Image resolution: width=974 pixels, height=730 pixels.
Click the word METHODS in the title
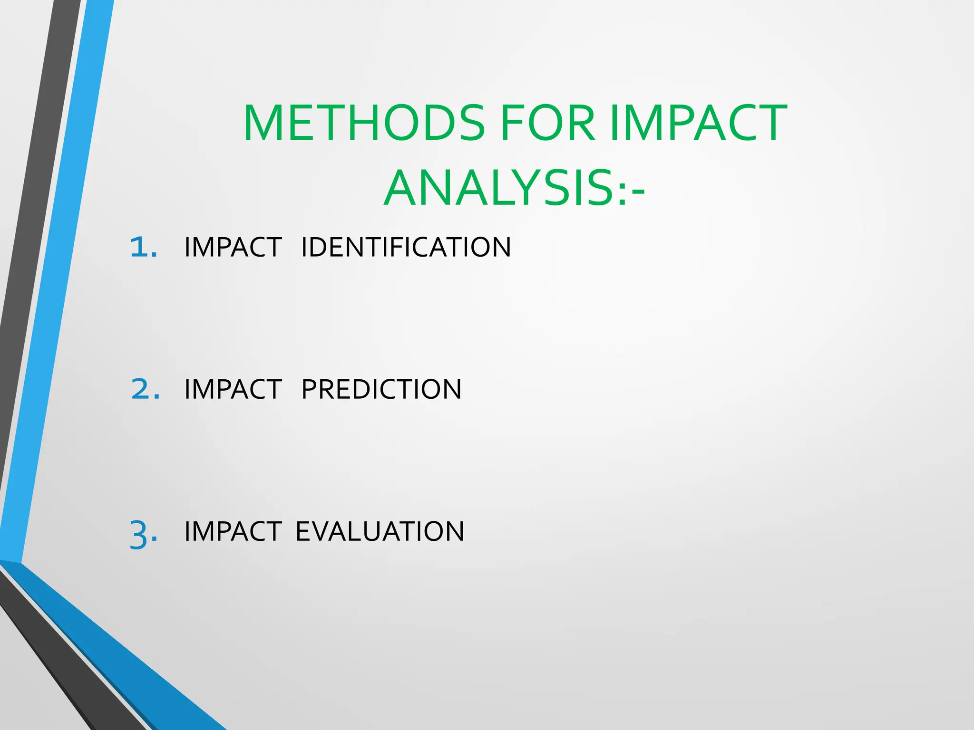pyautogui.click(x=364, y=123)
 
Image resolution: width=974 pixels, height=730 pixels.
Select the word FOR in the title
pyautogui.click(x=547, y=123)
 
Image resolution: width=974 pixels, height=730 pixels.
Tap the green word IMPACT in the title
pyautogui.click(x=698, y=123)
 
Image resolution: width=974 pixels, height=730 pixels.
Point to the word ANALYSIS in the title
pyautogui.click(x=499, y=189)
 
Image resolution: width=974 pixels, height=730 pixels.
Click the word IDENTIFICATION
pyautogui.click(x=406, y=247)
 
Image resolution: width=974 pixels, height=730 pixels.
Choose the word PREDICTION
pyautogui.click(x=381, y=389)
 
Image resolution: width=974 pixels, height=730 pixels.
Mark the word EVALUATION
pyautogui.click(x=380, y=531)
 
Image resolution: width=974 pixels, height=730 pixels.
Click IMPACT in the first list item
pyautogui.click(x=233, y=247)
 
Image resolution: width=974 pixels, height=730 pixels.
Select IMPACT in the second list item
pyautogui.click(x=233, y=389)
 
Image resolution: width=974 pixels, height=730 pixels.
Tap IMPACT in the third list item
pyautogui.click(x=233, y=531)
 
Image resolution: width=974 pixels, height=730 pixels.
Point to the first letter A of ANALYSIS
pyautogui.click(x=403, y=189)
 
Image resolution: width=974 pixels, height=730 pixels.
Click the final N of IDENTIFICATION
pyautogui.click(x=501, y=247)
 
